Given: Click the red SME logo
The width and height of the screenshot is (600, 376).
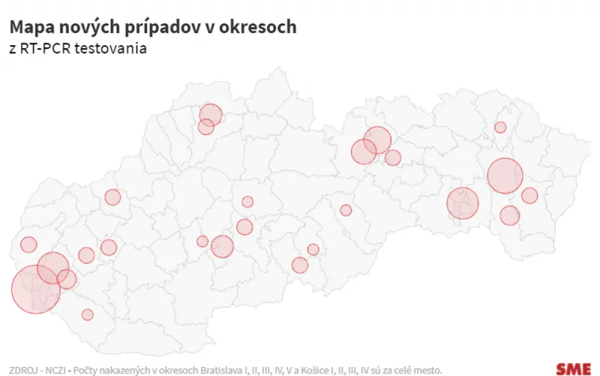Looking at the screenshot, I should click(573, 368).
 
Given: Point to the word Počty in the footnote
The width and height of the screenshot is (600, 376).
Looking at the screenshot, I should click(86, 370).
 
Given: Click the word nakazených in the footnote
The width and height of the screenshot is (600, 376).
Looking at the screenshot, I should click(126, 370).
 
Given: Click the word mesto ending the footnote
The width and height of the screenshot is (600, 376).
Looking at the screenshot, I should click(429, 370).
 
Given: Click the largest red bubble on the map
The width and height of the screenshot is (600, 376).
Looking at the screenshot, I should click(35, 290).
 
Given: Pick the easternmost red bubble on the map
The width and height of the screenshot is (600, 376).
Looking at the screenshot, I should click(529, 196).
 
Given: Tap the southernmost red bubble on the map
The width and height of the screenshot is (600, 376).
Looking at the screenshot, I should click(88, 314).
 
